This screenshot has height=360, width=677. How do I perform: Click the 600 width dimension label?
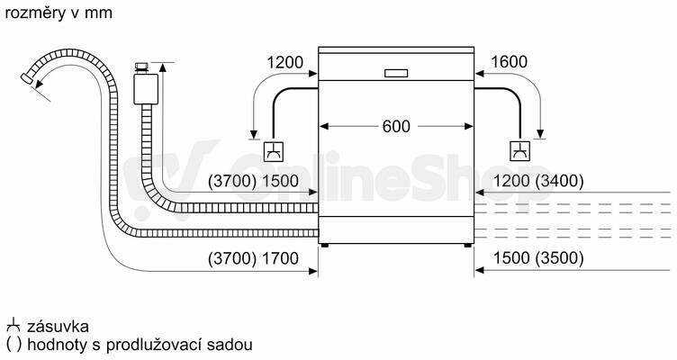[396, 127]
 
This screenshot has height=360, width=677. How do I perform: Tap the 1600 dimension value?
[509, 62]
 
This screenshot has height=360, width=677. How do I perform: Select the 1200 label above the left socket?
[285, 63]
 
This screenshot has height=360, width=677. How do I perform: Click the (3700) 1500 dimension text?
[254, 181]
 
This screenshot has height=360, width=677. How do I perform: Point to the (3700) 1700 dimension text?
[254, 258]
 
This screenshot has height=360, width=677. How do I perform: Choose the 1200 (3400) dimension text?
[538, 181]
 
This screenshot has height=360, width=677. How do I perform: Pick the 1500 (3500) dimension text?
[538, 258]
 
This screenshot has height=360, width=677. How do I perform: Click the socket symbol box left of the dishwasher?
[274, 151]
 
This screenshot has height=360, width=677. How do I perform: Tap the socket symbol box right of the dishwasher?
[520, 150]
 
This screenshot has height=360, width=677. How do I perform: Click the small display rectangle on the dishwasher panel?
[396, 73]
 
